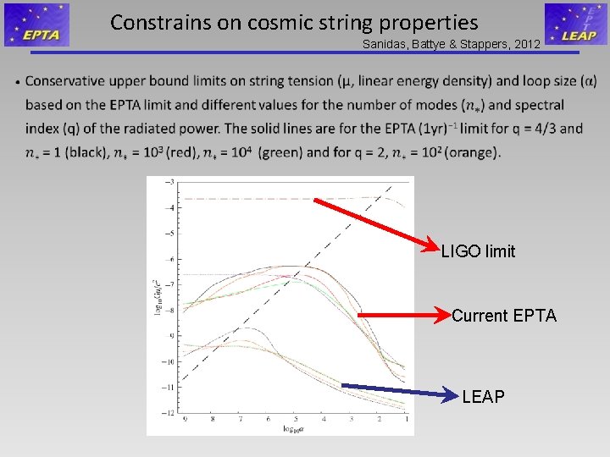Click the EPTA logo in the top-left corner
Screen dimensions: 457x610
point(36,25)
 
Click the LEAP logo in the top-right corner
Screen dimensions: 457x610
point(575,25)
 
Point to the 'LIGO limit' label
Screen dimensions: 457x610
point(478,251)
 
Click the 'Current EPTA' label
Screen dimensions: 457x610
point(504,316)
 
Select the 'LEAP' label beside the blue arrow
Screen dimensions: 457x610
point(483,396)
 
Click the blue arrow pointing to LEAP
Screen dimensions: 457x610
point(398,391)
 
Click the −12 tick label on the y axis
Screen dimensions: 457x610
point(169,412)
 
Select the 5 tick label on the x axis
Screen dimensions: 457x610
point(295,419)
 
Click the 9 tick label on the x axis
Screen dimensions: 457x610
point(186,419)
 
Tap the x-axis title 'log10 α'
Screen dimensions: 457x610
point(294,429)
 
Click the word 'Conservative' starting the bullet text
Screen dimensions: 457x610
point(66,82)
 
